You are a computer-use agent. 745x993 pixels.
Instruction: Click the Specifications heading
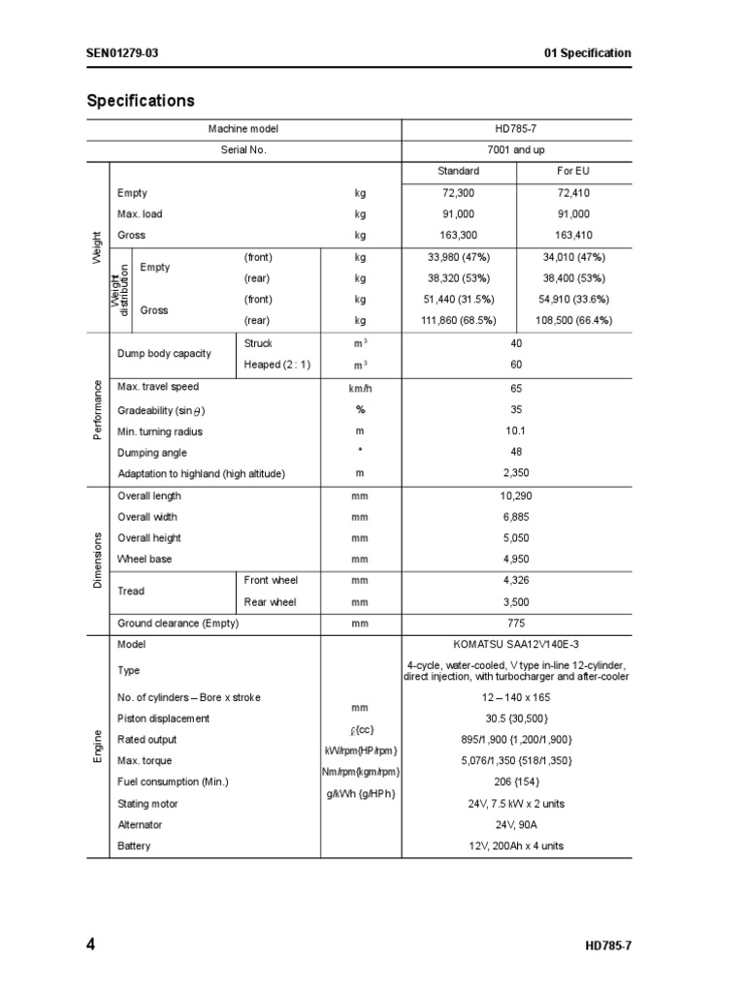[141, 101]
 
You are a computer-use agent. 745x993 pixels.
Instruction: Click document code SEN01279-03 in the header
[122, 53]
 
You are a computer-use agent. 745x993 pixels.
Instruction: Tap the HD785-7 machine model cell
[517, 129]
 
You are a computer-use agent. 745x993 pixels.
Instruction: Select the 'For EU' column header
[573, 172]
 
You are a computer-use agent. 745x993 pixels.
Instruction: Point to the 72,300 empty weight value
[458, 193]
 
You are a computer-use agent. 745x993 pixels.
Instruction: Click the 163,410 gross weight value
[573, 236]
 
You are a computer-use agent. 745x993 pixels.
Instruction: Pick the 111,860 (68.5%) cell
[458, 320]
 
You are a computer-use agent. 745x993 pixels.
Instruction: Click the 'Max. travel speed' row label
[158, 387]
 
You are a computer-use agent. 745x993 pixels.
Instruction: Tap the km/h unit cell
[361, 388]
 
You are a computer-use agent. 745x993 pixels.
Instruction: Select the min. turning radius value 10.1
[517, 431]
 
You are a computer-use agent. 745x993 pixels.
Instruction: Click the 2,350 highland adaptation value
[517, 473]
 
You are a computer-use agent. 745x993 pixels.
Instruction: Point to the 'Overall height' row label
[149, 538]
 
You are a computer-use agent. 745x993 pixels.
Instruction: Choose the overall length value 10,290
[517, 496]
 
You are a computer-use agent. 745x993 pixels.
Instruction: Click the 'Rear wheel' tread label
[271, 602]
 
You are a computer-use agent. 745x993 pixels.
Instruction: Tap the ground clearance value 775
[517, 624]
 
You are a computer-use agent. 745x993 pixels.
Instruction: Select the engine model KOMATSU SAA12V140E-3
[517, 644]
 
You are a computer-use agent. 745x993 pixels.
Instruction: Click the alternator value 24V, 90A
[517, 825]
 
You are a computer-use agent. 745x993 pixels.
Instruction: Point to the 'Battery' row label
[135, 847]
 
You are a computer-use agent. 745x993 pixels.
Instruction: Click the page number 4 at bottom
[91, 944]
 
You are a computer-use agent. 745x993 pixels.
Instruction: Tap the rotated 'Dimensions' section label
[98, 559]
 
